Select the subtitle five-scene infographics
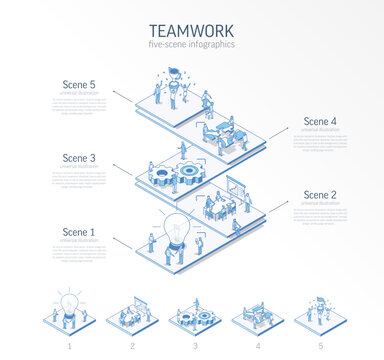[x=191, y=46]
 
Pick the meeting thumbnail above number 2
[x=130, y=312]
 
